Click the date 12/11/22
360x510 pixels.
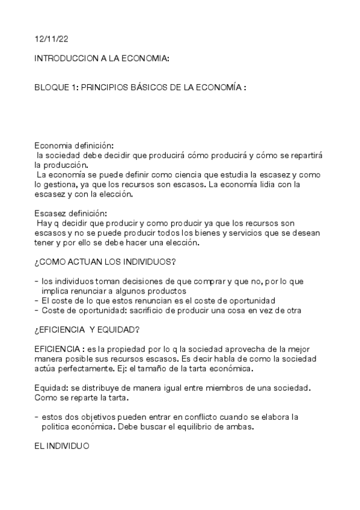[x=50, y=39]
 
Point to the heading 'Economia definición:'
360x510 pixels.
[x=73, y=146]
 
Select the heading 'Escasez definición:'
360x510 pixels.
[x=71, y=214]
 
